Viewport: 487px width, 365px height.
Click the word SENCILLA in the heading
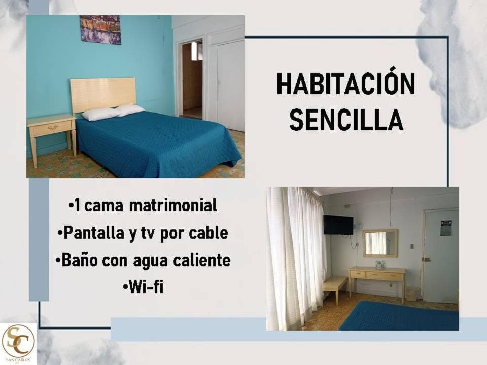pyautogui.click(x=346, y=119)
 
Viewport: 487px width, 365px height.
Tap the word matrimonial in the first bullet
pyautogui.click(x=172, y=205)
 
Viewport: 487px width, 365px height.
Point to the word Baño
pyautogui.click(x=80, y=260)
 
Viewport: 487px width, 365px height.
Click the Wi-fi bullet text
pyautogui.click(x=143, y=287)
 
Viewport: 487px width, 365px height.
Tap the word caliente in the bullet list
pyautogui.click(x=202, y=260)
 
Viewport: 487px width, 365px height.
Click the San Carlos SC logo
pyautogui.click(x=18, y=343)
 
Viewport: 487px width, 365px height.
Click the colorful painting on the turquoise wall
pyautogui.click(x=100, y=29)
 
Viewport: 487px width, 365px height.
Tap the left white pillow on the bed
pyautogui.click(x=100, y=114)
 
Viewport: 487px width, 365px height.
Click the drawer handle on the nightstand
pyautogui.click(x=53, y=127)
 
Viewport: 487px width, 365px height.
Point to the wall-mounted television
pyautogui.click(x=338, y=225)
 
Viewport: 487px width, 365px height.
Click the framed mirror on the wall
pyautogui.click(x=380, y=243)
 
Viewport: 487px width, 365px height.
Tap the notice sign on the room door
pyautogui.click(x=446, y=228)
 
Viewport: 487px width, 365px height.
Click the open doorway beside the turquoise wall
pyautogui.click(x=192, y=80)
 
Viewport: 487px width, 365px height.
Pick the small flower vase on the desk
pyautogui.click(x=379, y=265)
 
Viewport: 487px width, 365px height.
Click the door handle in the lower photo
pyautogui.click(x=427, y=259)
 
